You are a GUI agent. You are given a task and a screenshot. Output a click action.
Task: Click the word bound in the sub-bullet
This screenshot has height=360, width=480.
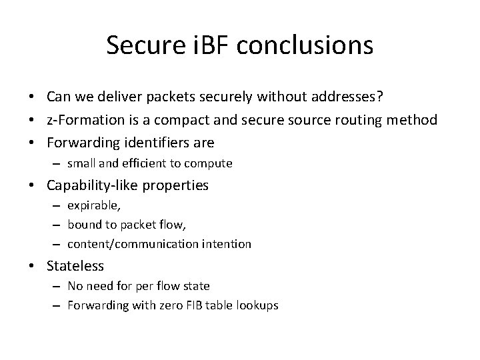[x=83, y=225]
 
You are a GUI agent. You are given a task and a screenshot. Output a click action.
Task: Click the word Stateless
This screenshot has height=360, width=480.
[x=75, y=266]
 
